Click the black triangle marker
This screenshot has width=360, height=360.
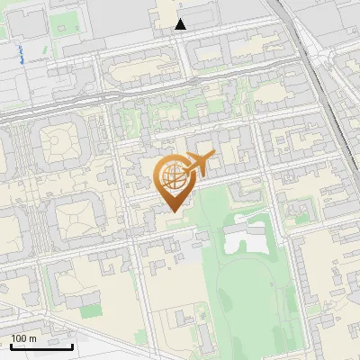(181, 24)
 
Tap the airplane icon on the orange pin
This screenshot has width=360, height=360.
(199, 163)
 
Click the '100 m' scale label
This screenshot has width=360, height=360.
(23, 338)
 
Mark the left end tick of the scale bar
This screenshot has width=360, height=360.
(10, 346)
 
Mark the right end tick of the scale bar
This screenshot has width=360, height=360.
(72, 346)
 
